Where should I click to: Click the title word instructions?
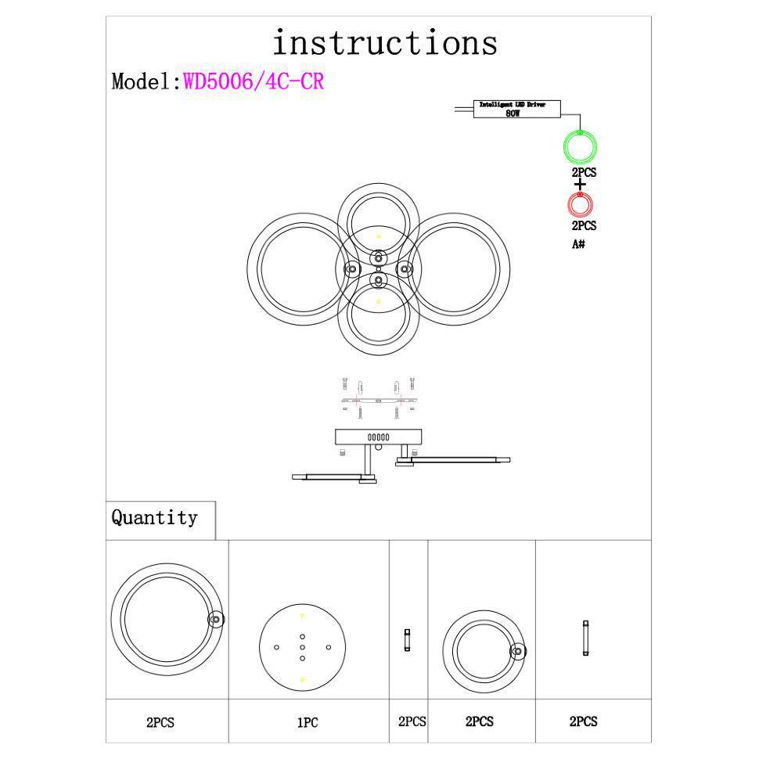385,42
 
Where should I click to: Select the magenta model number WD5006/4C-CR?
254,81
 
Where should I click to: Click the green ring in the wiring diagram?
580,146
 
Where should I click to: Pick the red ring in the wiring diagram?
580,205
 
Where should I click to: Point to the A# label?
579,244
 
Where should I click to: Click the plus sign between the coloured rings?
580,185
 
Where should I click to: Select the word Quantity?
154,518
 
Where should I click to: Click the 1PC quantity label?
308,723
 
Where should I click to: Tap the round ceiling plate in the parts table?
302,647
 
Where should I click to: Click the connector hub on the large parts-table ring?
216,620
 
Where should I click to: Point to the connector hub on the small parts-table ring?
517,651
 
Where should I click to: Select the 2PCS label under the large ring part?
160,723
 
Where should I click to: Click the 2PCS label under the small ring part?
480,722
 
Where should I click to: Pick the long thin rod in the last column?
585,638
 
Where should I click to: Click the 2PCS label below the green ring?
584,172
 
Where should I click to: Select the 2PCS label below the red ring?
584,225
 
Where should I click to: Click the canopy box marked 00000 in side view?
379,437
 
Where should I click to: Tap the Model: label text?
146,81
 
